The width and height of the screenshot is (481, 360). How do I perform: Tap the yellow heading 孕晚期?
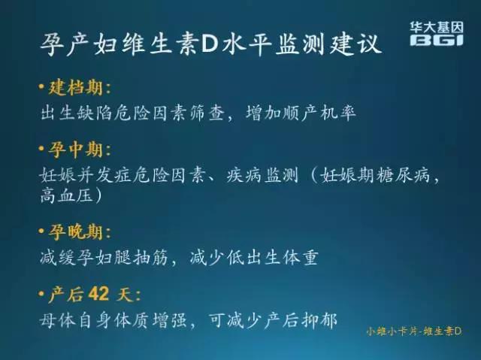point(77,231)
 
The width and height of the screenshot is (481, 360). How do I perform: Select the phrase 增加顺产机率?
point(301,113)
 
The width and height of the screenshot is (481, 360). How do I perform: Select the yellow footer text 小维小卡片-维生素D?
point(413,331)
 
